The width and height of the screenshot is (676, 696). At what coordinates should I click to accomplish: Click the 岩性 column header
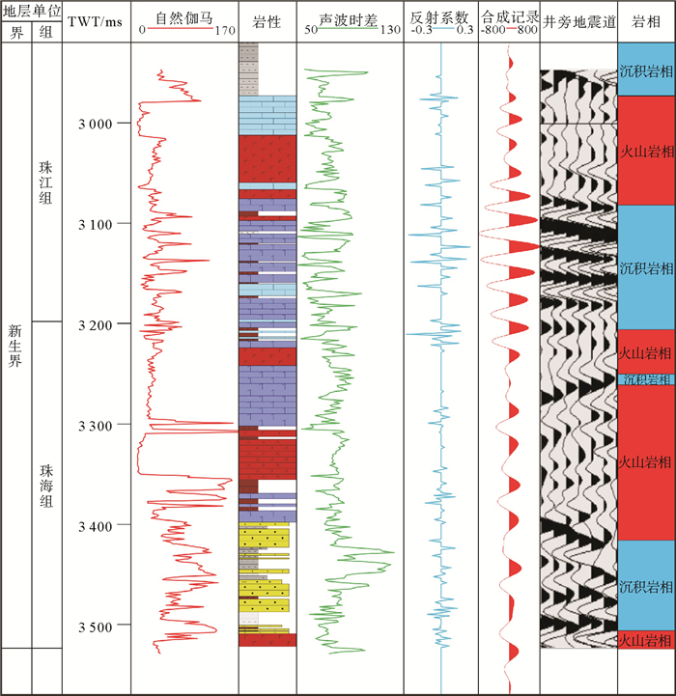click(x=267, y=21)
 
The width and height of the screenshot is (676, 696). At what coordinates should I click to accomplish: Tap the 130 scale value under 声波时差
click(x=389, y=30)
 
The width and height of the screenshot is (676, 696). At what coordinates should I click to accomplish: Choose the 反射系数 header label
click(x=440, y=16)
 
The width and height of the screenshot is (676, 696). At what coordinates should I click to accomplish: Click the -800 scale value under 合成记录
click(x=493, y=30)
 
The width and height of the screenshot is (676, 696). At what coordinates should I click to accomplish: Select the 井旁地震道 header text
click(x=577, y=21)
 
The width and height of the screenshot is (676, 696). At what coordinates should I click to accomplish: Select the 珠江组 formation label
click(x=46, y=181)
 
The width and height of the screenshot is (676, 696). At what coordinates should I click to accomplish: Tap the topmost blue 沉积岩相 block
click(x=645, y=71)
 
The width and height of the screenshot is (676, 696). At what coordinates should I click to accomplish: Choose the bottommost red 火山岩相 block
click(x=645, y=640)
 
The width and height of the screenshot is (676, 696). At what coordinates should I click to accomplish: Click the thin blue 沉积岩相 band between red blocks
click(x=645, y=380)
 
